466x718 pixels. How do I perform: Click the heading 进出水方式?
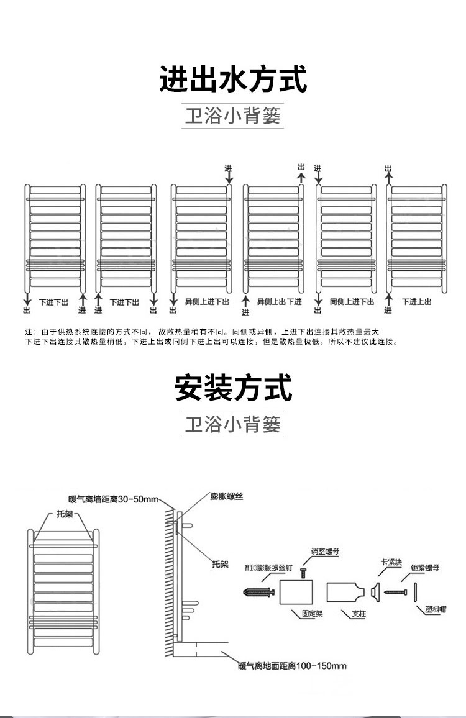(233, 80)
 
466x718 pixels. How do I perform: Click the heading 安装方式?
(233, 388)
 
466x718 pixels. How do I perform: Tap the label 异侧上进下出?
(207, 302)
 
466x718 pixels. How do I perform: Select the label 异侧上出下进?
(280, 302)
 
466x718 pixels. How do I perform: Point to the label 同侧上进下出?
(352, 302)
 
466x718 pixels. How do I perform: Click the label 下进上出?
(416, 302)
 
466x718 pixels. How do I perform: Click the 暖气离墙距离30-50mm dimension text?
(114, 499)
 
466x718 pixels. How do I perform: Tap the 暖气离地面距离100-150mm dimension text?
(292, 666)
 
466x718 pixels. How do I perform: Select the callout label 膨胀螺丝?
(226, 496)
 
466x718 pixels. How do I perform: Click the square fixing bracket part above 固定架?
(296, 593)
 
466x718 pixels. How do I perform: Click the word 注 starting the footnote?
(28, 331)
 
